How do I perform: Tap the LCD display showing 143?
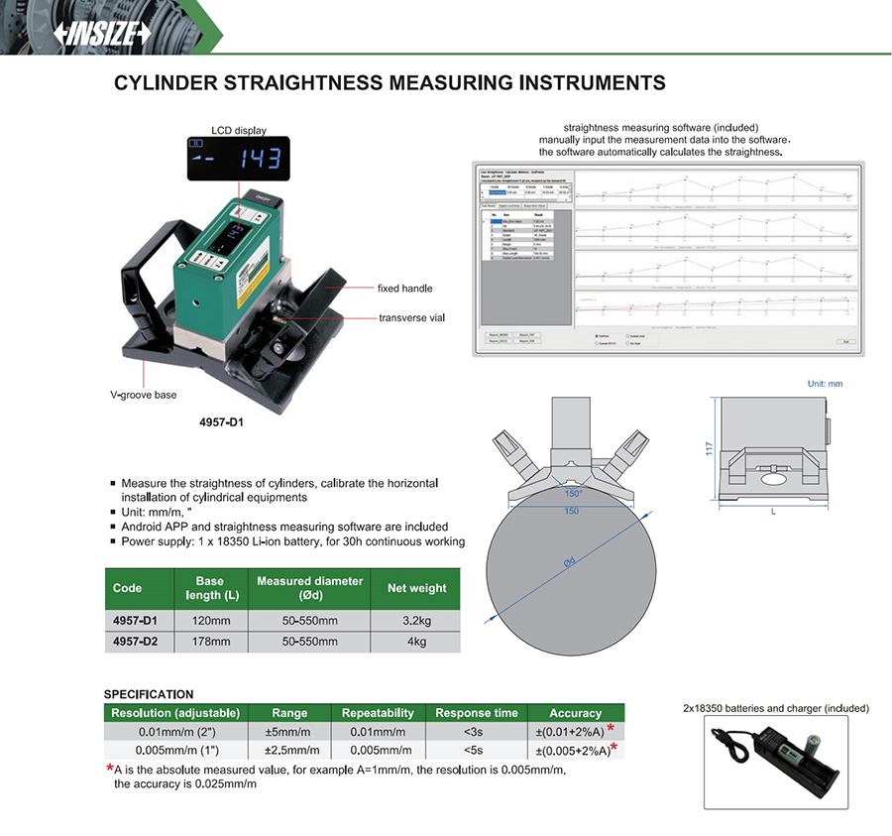(238, 159)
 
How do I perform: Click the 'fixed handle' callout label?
(404, 289)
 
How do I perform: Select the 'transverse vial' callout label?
(413, 318)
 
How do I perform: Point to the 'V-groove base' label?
(143, 395)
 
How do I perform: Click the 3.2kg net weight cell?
(416, 620)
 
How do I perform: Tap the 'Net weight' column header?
(416, 588)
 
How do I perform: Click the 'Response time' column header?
(477, 713)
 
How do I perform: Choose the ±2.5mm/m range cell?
(289, 750)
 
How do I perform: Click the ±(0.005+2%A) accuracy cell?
(570, 750)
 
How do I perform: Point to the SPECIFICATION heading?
(149, 694)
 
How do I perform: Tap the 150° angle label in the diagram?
(573, 493)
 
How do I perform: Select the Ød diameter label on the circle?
(569, 562)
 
